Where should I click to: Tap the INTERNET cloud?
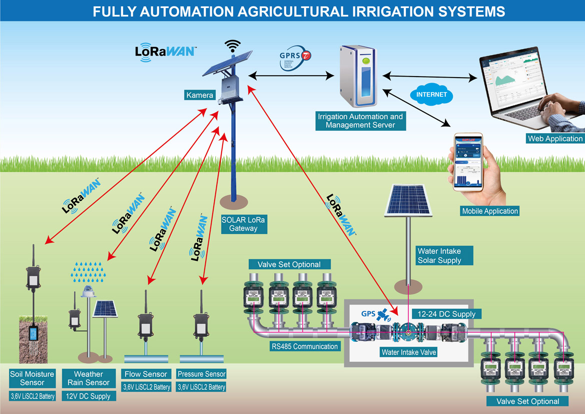[431, 94]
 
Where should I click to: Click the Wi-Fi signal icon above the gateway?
[232, 46]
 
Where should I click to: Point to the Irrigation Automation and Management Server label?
[360, 121]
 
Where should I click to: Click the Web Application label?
[554, 139]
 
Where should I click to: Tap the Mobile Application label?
[490, 211]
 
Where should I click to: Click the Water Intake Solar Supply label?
[438, 255]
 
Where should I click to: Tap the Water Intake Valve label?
[409, 352]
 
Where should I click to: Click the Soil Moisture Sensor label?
[33, 378]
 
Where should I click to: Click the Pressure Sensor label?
[201, 374]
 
